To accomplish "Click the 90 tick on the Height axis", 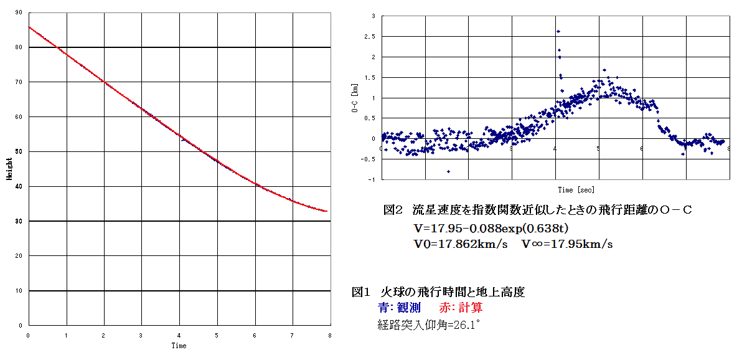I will point(19,12).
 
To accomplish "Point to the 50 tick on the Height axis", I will point(19,151).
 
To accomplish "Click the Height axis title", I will point(9,168).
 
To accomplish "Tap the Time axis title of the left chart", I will point(179,346).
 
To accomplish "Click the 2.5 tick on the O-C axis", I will point(372,37).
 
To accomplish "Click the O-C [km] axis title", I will point(355,98).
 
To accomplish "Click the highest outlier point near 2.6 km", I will point(558,31).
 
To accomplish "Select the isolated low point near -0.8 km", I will point(448,171).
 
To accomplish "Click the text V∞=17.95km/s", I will point(567,244).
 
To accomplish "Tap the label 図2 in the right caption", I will point(394,211).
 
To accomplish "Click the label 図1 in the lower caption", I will point(362,291).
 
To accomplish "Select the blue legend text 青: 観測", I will point(399,308).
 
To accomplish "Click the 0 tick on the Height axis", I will point(21,325).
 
